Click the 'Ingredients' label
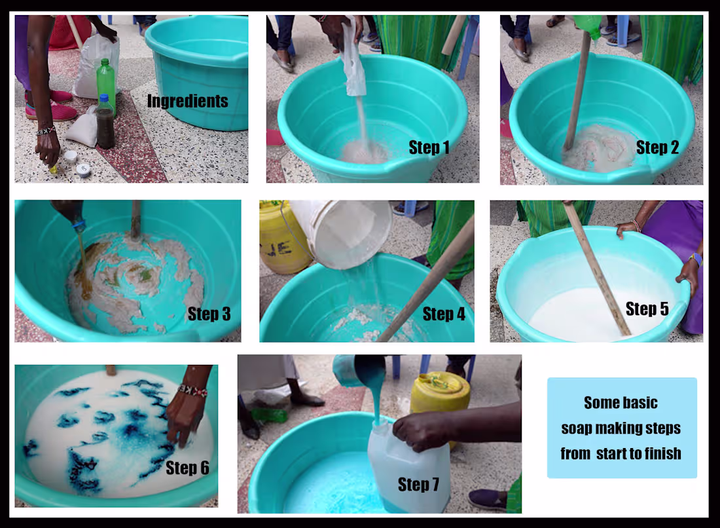187,101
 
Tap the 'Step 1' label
429,147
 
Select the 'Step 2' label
657,147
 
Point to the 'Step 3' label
209,314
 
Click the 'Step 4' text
444,314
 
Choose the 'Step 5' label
647,309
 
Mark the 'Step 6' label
187,468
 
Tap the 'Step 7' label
418,484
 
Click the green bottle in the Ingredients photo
105,82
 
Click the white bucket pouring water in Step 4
340,233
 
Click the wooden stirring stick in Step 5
596,269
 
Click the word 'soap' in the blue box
576,428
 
